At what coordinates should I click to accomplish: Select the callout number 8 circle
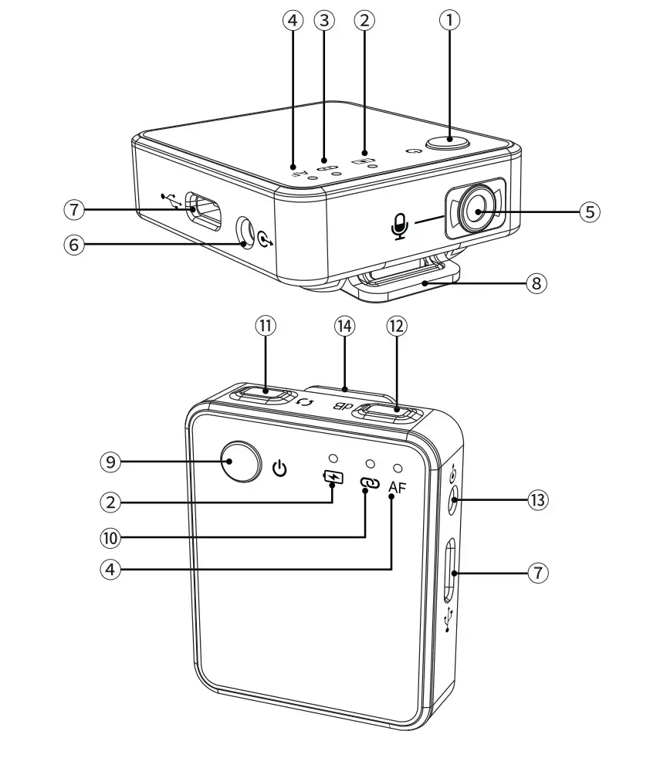[x=537, y=283]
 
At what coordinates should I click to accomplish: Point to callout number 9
[x=111, y=462]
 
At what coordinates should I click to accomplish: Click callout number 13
[x=537, y=500]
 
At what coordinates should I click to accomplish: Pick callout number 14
[x=344, y=326]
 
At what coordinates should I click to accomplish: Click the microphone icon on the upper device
[x=399, y=225]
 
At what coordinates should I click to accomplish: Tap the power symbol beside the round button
[x=281, y=468]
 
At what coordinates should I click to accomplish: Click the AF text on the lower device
[x=397, y=486]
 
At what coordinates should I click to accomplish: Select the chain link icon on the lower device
[x=367, y=484]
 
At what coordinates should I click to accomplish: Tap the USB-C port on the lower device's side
[x=450, y=572]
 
